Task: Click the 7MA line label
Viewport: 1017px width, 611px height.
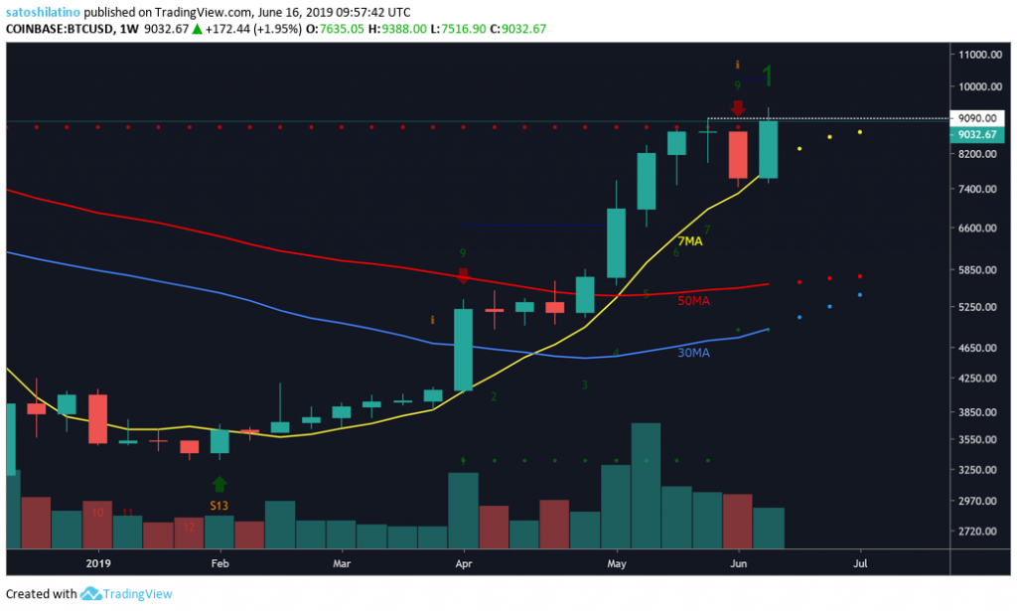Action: click(x=691, y=241)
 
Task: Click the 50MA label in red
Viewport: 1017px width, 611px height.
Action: click(x=692, y=299)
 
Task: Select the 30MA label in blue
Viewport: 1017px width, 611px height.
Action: click(x=693, y=353)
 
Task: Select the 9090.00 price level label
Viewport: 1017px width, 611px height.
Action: click(x=970, y=118)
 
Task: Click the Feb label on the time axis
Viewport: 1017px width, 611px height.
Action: click(x=219, y=562)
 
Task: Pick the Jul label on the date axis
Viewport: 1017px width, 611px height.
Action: click(x=860, y=562)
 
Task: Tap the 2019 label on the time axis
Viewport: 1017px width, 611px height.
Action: click(x=97, y=562)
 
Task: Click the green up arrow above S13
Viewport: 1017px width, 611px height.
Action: click(x=219, y=484)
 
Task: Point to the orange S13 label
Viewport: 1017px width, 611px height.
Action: click(x=219, y=506)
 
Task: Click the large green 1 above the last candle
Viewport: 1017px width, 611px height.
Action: click(x=767, y=76)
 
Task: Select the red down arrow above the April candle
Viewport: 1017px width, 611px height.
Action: click(x=463, y=275)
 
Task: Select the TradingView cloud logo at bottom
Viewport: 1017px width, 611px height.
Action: click(x=92, y=594)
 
